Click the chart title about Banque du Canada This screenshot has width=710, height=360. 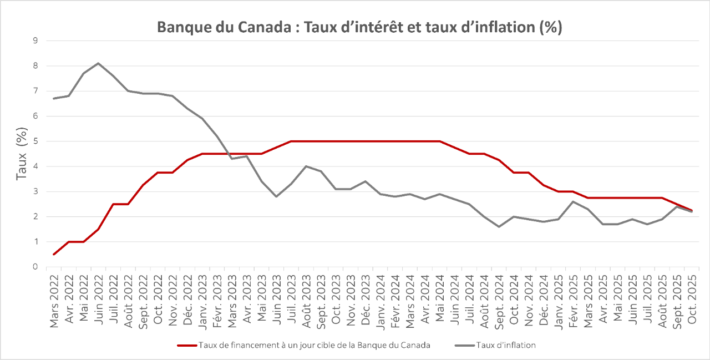pyautogui.click(x=359, y=28)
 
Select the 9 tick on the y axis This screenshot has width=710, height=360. pyautogui.click(x=35, y=40)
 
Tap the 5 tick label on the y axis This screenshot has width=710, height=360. pyautogui.click(x=35, y=141)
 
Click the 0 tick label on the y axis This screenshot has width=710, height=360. pyautogui.click(x=35, y=267)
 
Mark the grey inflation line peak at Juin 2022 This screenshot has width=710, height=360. pyautogui.click(x=98, y=63)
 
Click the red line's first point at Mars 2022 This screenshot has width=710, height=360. pyautogui.click(x=54, y=254)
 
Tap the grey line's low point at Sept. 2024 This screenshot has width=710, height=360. pyautogui.click(x=499, y=226)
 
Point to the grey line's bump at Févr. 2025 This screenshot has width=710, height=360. pyautogui.click(x=573, y=201)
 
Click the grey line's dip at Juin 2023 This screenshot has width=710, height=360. pyautogui.click(x=276, y=196)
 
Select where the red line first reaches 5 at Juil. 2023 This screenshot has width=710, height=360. pyautogui.click(x=291, y=141)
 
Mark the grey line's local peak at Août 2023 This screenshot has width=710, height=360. pyautogui.click(x=306, y=166)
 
